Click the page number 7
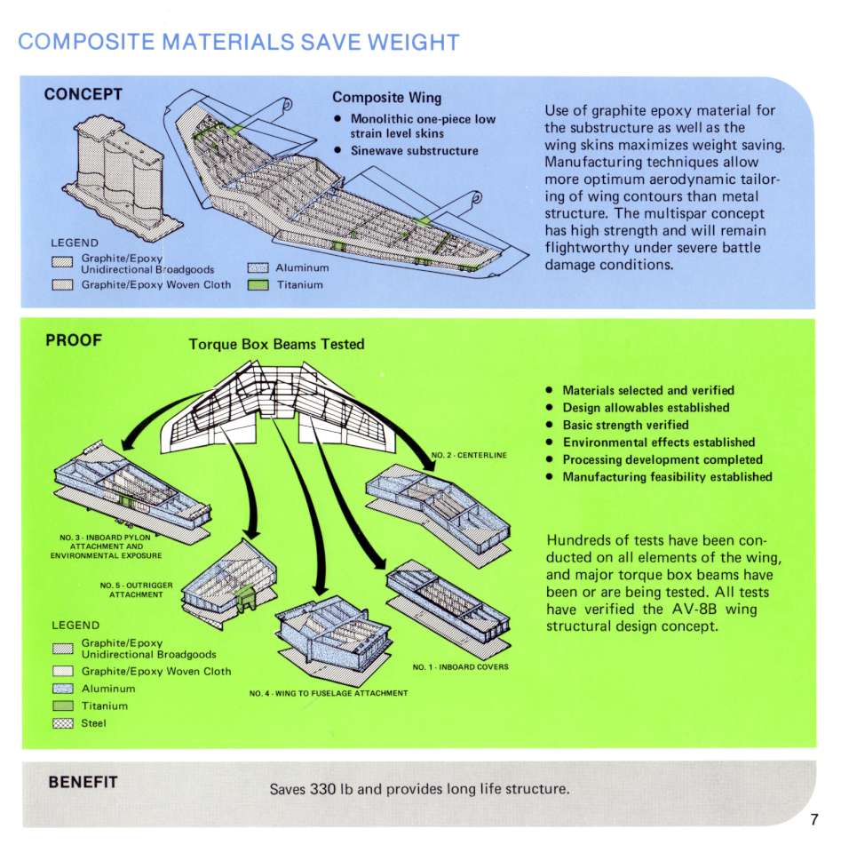[813, 819]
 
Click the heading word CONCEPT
[83, 94]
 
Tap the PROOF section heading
[74, 340]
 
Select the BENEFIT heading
[83, 782]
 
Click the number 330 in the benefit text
[322, 789]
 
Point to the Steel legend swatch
[62, 723]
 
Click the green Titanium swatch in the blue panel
[258, 285]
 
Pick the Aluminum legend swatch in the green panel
[62, 689]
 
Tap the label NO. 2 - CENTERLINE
[469, 455]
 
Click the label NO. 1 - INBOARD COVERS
[460, 667]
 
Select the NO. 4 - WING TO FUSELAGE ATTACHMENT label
[329, 693]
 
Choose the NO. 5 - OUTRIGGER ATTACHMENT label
[137, 590]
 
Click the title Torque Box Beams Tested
[277, 345]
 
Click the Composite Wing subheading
[387, 98]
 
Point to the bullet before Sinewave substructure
[338, 151]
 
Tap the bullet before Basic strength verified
[550, 425]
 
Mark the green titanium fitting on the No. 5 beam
[246, 597]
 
